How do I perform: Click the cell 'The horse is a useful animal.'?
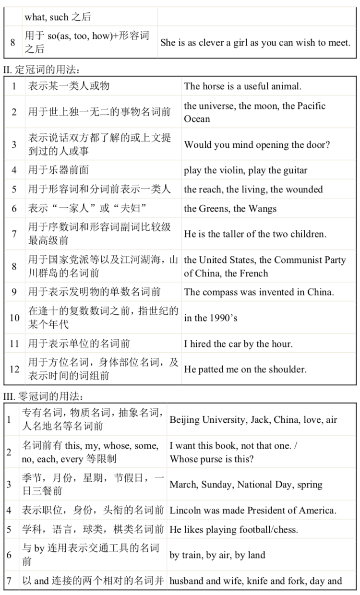click(x=242, y=86)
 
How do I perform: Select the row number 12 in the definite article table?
click(x=14, y=369)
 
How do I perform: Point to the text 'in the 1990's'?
click(x=210, y=318)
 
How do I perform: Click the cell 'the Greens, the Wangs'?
click(x=230, y=209)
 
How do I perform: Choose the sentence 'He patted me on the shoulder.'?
click(x=245, y=369)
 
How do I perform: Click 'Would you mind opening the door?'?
click(x=257, y=145)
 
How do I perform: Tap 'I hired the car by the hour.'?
click(x=238, y=344)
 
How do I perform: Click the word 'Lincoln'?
click(x=185, y=510)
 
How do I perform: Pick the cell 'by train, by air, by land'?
click(x=217, y=555)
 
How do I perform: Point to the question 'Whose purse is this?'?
click(x=212, y=459)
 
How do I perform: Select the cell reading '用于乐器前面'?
click(x=58, y=170)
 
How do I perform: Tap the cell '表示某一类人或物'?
click(x=69, y=86)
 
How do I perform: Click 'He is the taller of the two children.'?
click(x=255, y=234)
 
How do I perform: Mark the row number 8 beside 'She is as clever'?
click(x=12, y=42)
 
